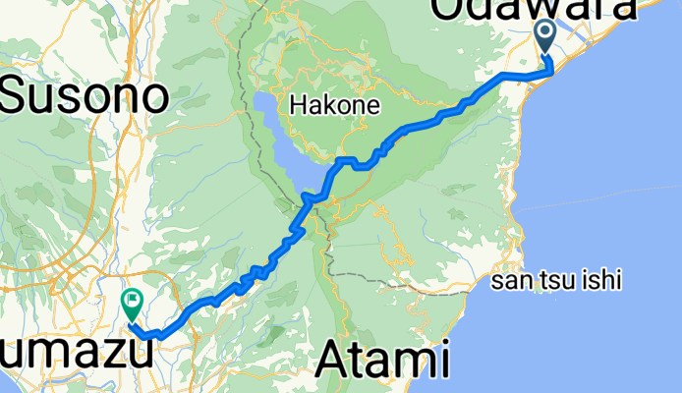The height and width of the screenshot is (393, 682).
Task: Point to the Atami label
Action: (384, 360)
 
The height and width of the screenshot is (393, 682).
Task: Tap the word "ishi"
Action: (601, 281)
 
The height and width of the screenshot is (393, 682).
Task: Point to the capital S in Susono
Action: (18, 96)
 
